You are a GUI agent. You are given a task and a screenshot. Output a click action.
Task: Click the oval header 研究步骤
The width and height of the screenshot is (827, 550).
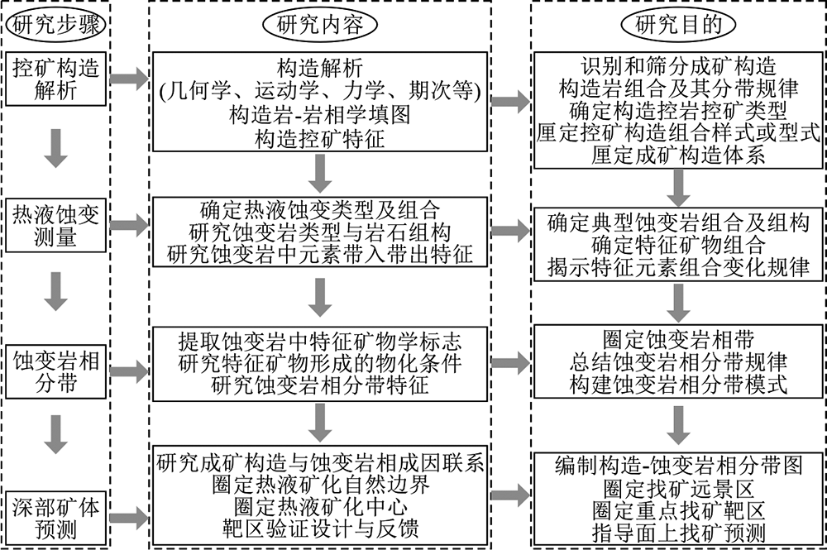click(55, 24)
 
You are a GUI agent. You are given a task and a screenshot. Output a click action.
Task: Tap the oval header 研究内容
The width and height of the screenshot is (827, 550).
click(319, 24)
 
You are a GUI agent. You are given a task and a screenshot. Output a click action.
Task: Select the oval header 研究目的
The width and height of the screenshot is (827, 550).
click(678, 24)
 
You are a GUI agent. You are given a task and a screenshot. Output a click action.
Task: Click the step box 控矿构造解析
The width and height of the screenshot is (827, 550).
click(56, 79)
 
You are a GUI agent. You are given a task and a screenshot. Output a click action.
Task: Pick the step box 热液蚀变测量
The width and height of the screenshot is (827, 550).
click(56, 226)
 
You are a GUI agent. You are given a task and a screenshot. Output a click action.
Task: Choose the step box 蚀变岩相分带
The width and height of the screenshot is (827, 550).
click(56, 371)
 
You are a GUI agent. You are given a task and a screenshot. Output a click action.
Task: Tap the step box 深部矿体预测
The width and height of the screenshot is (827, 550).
click(56, 519)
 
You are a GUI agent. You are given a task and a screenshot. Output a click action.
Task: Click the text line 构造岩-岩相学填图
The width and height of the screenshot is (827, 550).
click(319, 115)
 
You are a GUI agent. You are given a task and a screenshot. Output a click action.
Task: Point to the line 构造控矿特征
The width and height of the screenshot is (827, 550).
click(319, 139)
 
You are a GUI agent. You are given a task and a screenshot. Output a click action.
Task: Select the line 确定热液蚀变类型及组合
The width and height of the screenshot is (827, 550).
click(319, 210)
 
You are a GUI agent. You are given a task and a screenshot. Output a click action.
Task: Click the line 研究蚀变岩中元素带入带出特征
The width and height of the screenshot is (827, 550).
click(319, 254)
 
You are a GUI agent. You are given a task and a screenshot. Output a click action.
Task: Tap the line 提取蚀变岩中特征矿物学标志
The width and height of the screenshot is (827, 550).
click(319, 342)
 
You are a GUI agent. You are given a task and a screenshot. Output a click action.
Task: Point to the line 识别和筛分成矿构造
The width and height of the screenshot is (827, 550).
click(678, 66)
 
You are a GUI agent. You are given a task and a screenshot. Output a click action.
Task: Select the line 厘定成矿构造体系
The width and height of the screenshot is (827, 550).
click(678, 155)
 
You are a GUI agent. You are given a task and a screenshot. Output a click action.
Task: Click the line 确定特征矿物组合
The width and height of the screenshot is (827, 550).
click(678, 245)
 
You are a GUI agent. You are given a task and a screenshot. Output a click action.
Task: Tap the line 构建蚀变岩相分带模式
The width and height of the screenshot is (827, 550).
click(678, 385)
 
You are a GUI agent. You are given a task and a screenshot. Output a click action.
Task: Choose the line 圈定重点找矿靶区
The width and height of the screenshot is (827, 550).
click(678, 510)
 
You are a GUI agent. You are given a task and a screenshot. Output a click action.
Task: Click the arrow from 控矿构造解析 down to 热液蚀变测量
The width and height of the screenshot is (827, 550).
click(55, 148)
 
